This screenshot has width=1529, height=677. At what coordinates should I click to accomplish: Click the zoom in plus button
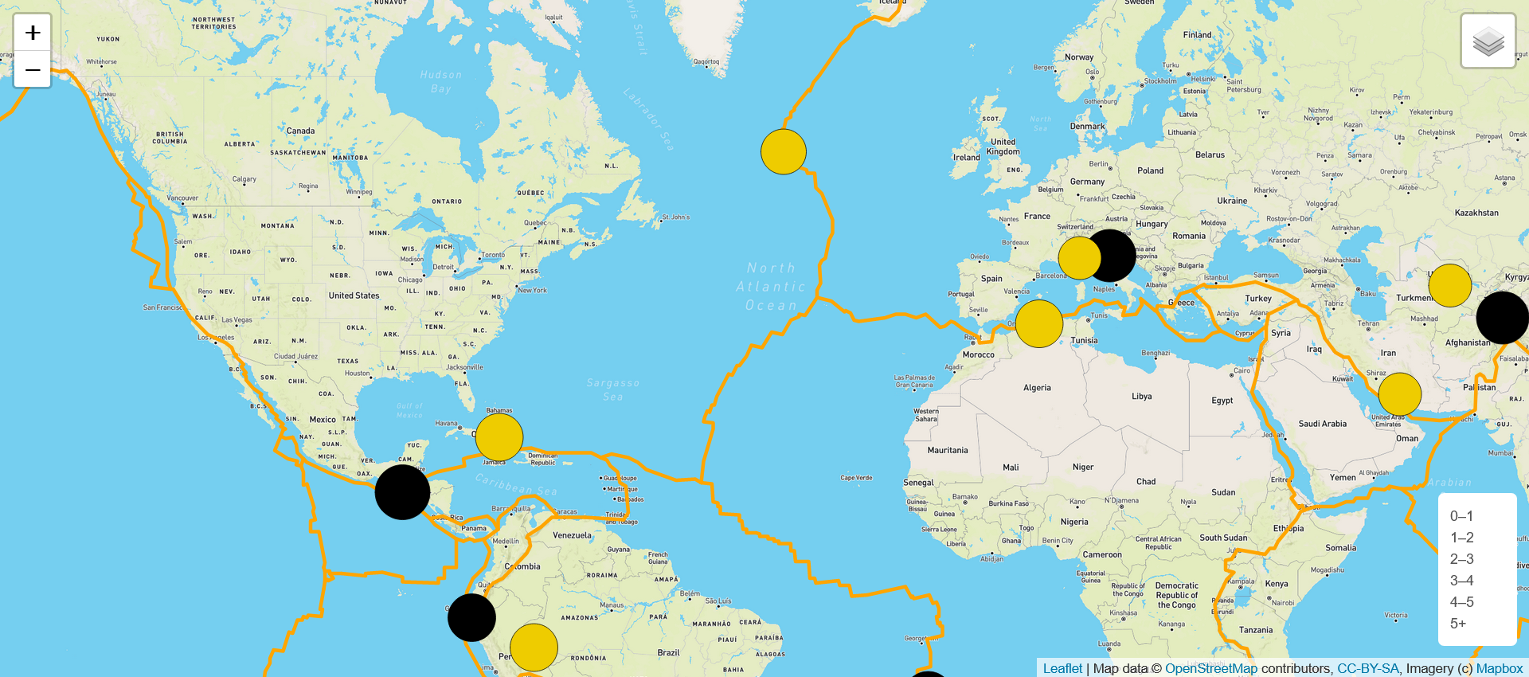(33, 33)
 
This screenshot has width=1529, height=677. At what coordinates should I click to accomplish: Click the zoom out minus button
(33, 70)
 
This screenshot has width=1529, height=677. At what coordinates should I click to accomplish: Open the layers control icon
(1488, 41)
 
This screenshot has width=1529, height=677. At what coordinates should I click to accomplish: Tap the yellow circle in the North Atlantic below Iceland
(784, 151)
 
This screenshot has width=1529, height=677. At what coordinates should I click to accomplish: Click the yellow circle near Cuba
(499, 437)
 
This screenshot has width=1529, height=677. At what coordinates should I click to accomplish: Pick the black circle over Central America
(402, 492)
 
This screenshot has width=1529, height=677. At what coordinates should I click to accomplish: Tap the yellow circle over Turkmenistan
(1449, 285)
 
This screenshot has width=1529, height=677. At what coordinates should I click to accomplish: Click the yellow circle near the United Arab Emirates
(1399, 394)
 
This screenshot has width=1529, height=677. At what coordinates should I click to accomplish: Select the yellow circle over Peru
(534, 648)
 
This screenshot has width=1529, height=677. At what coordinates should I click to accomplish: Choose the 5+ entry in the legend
(1458, 624)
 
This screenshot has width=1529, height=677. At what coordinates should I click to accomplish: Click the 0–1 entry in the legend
(1461, 516)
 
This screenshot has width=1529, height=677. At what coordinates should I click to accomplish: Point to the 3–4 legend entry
(1461, 581)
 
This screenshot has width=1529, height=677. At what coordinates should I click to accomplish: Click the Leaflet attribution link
(1062, 668)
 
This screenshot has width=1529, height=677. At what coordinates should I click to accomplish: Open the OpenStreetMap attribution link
(1210, 668)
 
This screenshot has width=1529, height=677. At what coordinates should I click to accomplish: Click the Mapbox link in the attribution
(1499, 668)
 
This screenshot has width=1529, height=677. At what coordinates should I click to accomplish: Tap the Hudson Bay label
(441, 81)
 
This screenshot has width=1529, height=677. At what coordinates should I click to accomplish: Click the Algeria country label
(1037, 388)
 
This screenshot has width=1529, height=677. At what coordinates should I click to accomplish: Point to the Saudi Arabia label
(1322, 424)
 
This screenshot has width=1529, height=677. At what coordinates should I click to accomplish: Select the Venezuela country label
(572, 535)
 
